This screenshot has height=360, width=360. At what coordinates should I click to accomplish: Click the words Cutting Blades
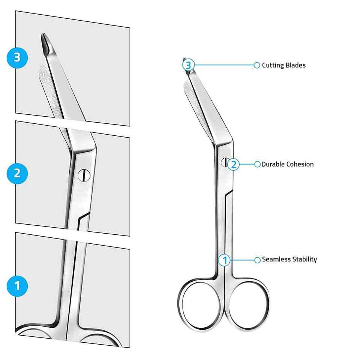pos(283,65)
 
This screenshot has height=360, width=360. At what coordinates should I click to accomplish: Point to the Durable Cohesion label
pos(287,164)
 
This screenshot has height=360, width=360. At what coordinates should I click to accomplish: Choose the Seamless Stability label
pos(289,259)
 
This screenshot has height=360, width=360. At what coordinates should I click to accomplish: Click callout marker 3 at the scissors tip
pos(188,65)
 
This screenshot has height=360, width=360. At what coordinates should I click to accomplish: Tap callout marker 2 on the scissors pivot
pos(233,164)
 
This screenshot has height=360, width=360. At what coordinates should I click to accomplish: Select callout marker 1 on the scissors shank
pos(225,259)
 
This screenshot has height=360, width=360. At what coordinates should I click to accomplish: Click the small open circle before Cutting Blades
pos(257,65)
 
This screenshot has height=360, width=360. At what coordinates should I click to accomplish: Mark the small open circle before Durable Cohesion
pos(257,164)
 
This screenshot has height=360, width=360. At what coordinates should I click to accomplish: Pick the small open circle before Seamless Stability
pos(257,259)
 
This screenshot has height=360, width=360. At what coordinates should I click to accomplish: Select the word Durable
pos(273,164)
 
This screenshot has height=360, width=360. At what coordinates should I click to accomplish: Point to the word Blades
pos(295,65)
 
